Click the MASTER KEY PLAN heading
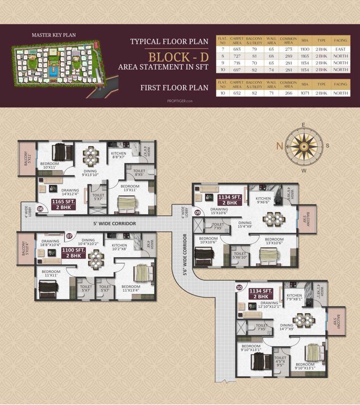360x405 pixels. point(53,35)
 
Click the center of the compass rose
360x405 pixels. point(303,146)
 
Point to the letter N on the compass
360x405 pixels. point(279,146)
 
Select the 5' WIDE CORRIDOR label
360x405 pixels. point(114,224)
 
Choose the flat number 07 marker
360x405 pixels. point(69,236)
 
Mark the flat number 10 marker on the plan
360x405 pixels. point(240,287)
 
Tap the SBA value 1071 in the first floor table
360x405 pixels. point(305,93)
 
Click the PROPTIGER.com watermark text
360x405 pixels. point(180,101)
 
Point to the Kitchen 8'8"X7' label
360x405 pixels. point(118,155)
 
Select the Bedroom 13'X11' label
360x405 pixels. point(129,188)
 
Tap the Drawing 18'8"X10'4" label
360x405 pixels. point(50,244)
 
